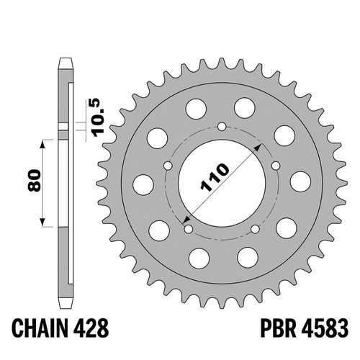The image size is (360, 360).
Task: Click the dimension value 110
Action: click(x=215, y=178)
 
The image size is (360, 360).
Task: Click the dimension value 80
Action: click(x=34, y=180)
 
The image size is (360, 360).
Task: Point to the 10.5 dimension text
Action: click(x=99, y=117)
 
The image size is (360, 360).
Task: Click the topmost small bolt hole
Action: click(x=222, y=127)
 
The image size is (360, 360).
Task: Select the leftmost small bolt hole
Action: click(x=168, y=166)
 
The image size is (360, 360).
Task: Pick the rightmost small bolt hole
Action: click(x=276, y=166)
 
